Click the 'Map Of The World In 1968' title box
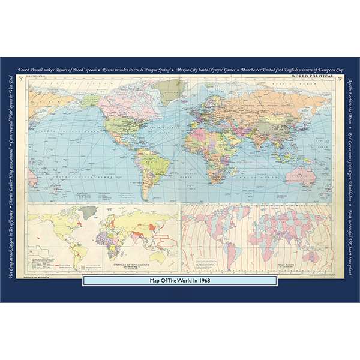[x=180, y=280]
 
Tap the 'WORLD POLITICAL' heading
[x=311, y=77]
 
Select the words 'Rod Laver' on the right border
[x=348, y=148]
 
